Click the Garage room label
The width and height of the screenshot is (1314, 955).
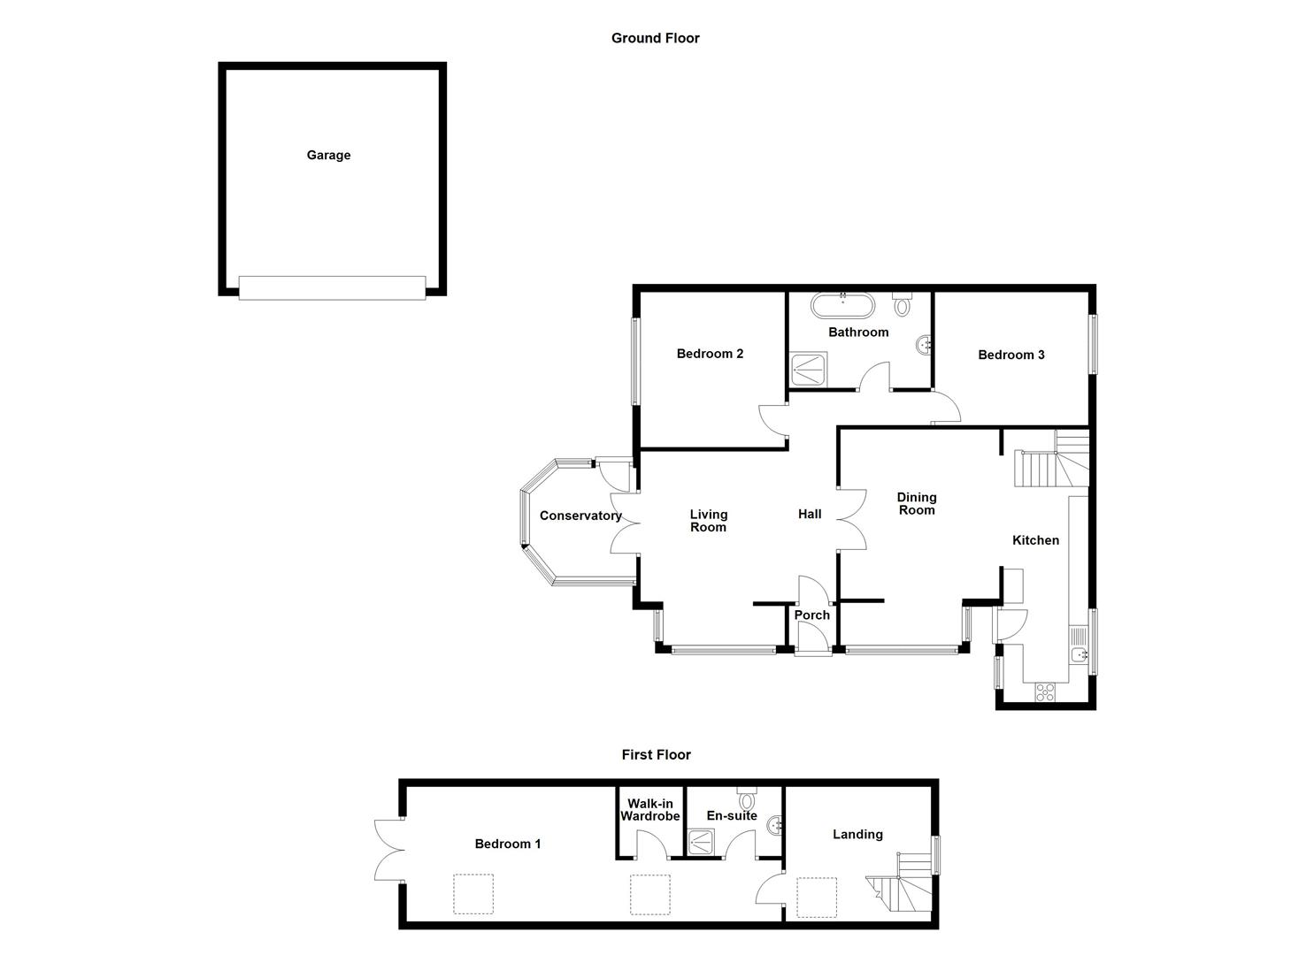[328, 156]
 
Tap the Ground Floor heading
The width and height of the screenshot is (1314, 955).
[655, 38]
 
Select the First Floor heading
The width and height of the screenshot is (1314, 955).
[656, 754]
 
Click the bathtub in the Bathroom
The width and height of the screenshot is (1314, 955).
[843, 307]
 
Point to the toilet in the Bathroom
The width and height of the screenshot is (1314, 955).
[902, 304]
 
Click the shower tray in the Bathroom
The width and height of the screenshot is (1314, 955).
[808, 369]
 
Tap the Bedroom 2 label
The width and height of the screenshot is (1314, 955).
[710, 354]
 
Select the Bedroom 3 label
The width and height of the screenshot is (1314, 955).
[1010, 355]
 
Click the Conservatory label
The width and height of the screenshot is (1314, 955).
[580, 516]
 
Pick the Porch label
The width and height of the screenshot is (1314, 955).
[811, 615]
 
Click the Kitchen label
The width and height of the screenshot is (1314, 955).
[1035, 540]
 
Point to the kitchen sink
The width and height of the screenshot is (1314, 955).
[1079, 655]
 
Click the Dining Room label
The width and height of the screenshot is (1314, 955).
[916, 503]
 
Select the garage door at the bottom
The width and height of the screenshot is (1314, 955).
[332, 287]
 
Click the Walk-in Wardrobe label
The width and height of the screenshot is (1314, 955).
[649, 810]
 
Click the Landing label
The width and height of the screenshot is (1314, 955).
[857, 834]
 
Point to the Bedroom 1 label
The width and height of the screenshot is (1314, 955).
[507, 844]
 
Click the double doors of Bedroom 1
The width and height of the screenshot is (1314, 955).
[389, 850]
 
